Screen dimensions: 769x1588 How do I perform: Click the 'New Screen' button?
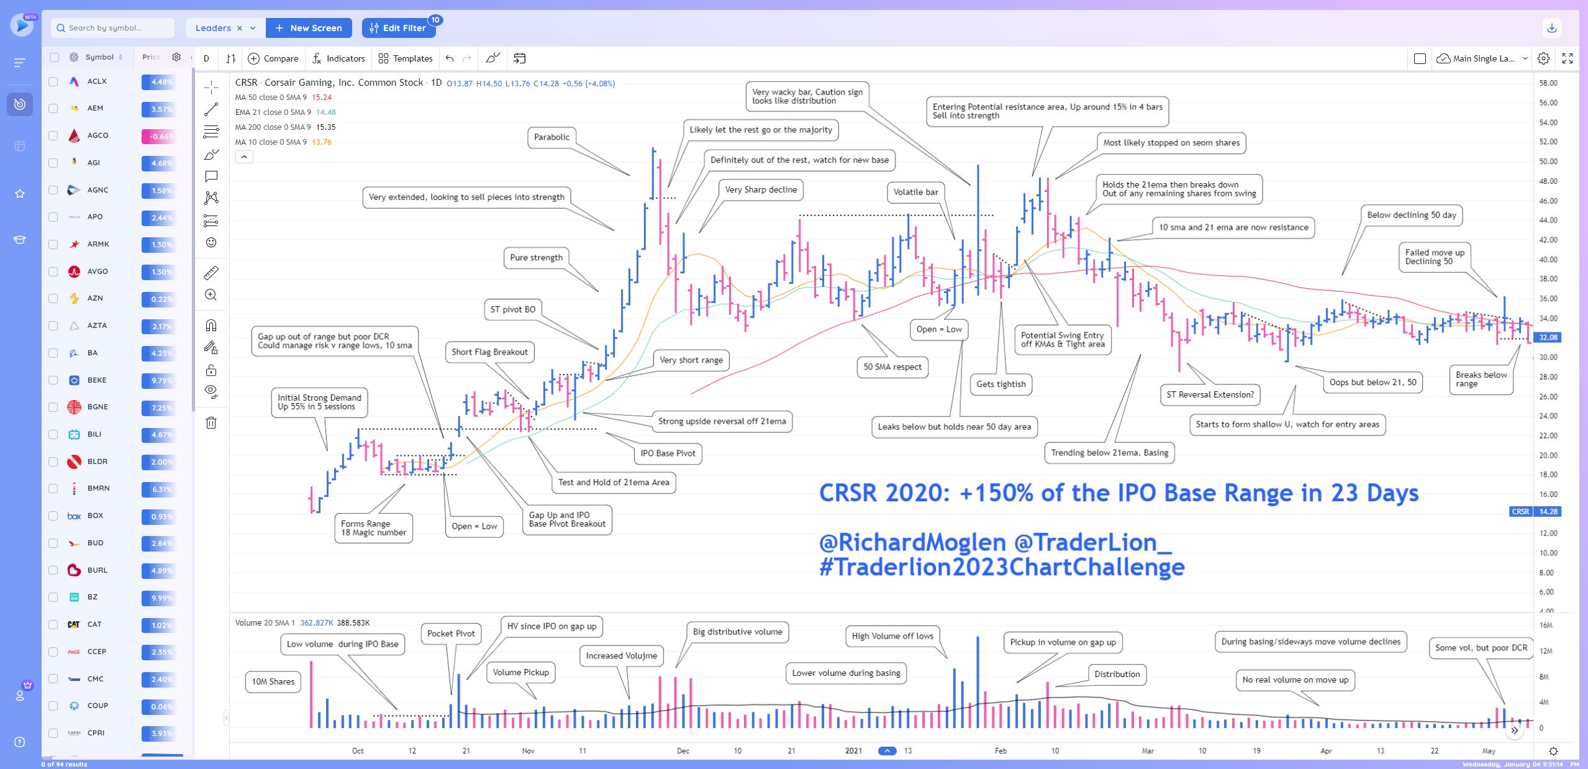coord(309,28)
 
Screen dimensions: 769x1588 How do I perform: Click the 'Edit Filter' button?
coord(398,28)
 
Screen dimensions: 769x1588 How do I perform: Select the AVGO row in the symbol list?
coord(98,271)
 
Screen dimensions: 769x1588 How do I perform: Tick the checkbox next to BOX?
coord(53,516)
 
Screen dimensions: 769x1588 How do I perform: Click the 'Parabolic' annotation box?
coord(551,137)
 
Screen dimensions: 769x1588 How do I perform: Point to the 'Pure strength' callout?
coord(536,258)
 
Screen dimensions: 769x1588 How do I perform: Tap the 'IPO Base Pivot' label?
coord(668,453)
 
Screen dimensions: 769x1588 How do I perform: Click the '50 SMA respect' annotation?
coord(892,367)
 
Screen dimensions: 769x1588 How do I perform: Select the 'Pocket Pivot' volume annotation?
coord(451,634)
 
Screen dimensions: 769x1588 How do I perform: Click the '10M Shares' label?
coord(273,681)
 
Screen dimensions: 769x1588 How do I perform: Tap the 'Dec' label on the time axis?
coord(683,750)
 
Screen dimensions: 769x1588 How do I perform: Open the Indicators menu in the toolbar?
coord(338,58)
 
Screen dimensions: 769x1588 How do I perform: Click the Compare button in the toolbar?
coord(273,58)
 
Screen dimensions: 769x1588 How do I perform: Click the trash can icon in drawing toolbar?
coord(211,423)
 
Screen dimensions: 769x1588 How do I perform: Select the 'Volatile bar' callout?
coord(915,193)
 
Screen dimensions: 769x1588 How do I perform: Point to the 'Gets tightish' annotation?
coord(1000,384)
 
